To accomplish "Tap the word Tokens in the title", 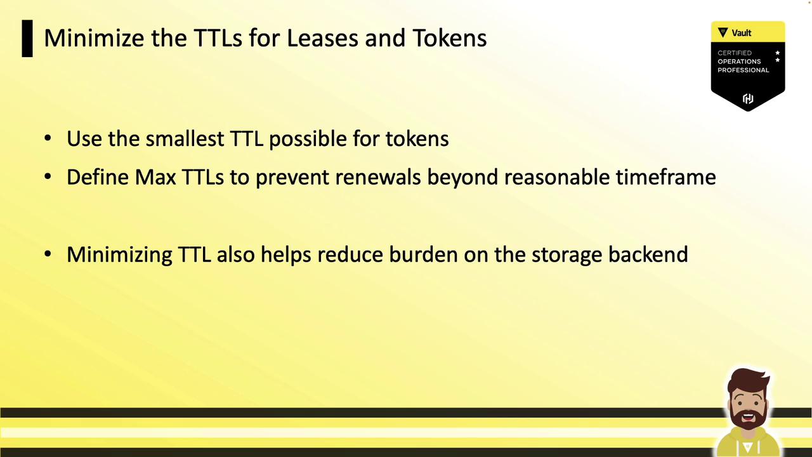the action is click(x=450, y=38).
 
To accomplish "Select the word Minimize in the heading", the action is click(x=93, y=38).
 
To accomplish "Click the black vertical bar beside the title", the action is click(x=27, y=39).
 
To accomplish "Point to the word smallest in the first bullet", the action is click(x=185, y=138).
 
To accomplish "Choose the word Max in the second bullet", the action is click(x=155, y=177).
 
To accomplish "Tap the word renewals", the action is click(x=378, y=177).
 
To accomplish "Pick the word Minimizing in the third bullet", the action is click(x=119, y=255).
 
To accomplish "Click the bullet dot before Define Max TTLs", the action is click(x=48, y=176).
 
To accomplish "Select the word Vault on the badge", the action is click(x=742, y=33).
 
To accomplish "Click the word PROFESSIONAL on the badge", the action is click(x=743, y=70).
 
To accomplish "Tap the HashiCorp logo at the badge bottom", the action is click(x=748, y=98).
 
